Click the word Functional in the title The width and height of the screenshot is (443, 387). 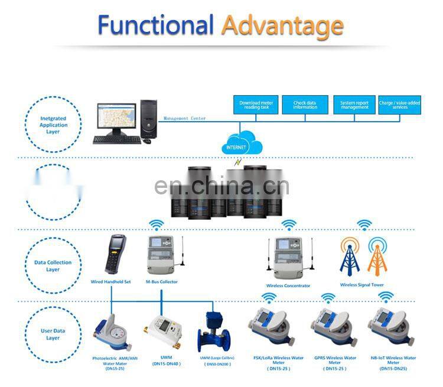(155, 25)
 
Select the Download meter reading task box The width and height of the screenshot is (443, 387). (256, 106)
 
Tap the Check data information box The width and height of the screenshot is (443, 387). (305, 106)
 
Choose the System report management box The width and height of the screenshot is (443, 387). (354, 106)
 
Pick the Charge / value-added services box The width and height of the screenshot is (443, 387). (400, 106)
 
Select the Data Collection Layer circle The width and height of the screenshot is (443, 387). (54, 266)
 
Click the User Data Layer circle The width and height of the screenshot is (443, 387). (54, 334)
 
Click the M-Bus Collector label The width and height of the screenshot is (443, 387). (161, 282)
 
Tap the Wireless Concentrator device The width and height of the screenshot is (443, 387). (288, 257)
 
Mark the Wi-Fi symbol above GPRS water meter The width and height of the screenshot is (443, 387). (328, 298)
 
